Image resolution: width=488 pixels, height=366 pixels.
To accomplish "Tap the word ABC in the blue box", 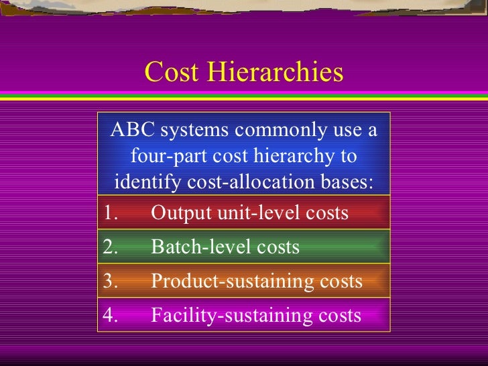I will tap(130, 129).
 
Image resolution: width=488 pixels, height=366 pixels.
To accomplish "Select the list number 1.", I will tap(111, 213).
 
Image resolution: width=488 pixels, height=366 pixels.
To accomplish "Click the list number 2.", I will tap(111, 247).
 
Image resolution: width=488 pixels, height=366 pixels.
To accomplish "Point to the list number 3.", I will tap(111, 282).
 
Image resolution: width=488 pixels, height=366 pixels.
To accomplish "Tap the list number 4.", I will tap(111, 315).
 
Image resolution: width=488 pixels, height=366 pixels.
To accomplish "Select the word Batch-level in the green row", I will tap(197, 247).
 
